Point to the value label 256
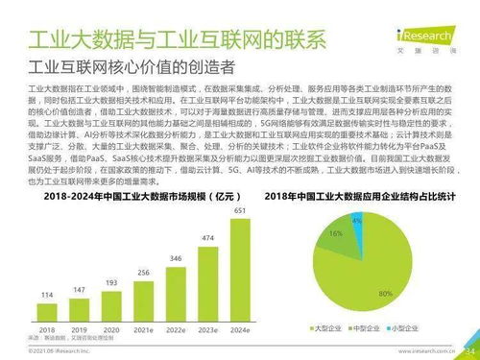tap(143, 273)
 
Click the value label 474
tap(208, 238)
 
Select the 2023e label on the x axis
tap(208, 328)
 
